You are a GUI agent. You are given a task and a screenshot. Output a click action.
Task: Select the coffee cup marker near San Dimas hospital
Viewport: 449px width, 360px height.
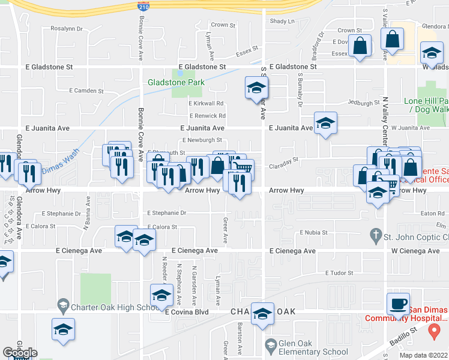coord(398,304)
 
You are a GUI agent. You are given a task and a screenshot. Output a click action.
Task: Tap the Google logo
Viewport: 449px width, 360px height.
coord(20,353)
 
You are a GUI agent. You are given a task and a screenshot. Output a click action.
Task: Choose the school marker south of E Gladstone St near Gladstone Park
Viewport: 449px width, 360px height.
coord(256,89)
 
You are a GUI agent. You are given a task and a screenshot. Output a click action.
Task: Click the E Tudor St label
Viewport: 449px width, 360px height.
coord(340,273)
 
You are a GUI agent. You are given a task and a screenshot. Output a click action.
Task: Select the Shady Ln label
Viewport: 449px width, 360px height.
coord(283,22)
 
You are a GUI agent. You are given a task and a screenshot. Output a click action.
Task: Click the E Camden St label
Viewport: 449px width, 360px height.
coord(86,91)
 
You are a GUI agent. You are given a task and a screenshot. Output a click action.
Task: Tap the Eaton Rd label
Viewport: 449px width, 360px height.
coord(432,213)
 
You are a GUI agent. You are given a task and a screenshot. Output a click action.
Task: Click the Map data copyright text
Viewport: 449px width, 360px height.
coord(424,355)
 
